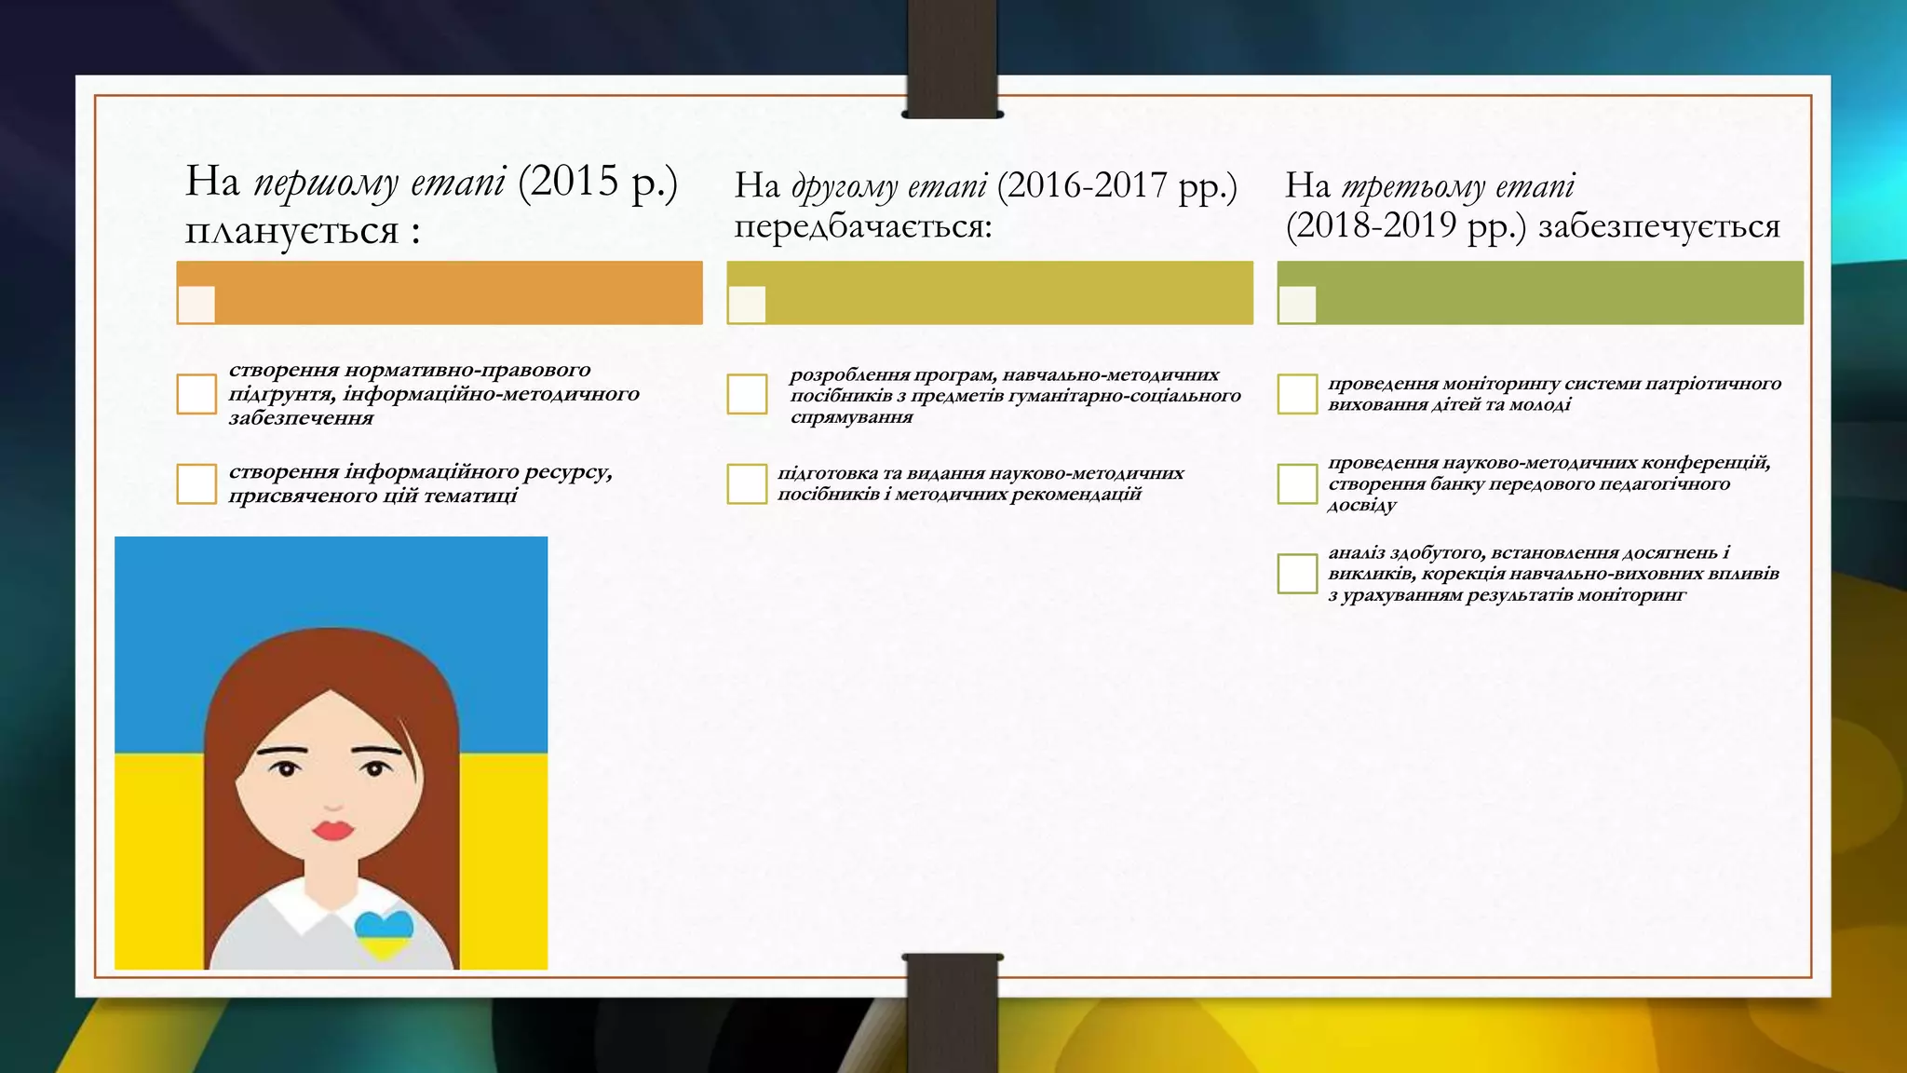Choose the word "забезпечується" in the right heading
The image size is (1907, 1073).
pos(1658,226)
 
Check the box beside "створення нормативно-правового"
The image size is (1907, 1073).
pos(196,394)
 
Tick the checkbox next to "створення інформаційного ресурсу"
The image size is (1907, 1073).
pos(196,483)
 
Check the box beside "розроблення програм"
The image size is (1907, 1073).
pos(747,394)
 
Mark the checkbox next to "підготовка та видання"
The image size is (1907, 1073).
pos(747,483)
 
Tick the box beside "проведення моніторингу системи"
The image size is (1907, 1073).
pos(1297,394)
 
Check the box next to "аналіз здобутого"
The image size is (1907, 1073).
pos(1297,573)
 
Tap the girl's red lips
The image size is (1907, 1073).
pos(332,828)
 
